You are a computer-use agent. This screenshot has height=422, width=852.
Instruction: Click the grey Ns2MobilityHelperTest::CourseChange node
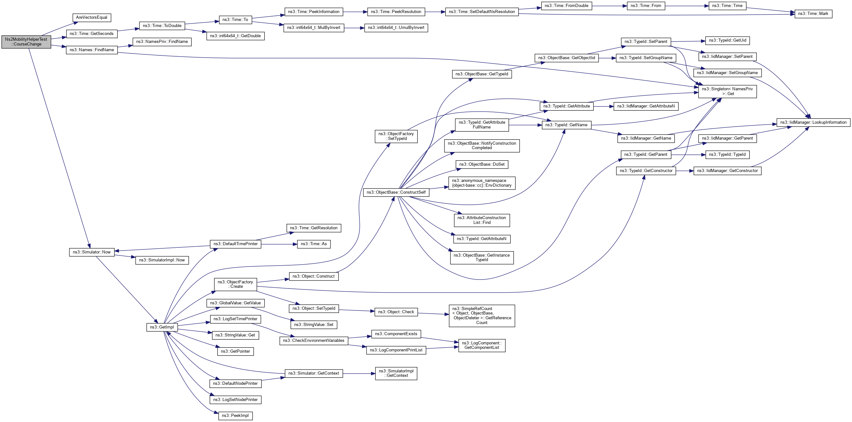click(26, 42)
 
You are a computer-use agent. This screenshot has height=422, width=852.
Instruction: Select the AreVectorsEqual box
click(92, 17)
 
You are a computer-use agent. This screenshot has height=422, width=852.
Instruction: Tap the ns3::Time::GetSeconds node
click(92, 34)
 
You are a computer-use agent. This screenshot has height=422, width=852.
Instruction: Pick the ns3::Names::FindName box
click(92, 50)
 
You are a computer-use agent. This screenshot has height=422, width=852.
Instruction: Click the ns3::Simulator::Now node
click(92, 252)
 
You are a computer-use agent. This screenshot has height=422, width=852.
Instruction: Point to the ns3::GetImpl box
click(162, 327)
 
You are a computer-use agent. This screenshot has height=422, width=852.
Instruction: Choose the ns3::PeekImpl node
click(235, 416)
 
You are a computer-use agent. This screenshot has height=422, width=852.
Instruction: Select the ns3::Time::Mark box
click(813, 14)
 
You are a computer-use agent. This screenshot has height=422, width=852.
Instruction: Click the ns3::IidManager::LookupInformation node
click(813, 122)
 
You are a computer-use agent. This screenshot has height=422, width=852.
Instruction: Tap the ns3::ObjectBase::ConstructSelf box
click(396, 192)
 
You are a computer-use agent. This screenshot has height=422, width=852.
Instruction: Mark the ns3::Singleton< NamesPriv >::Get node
click(727, 91)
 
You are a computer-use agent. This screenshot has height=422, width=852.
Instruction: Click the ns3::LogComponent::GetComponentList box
click(482, 345)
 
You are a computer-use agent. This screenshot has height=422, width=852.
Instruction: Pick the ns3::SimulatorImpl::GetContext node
click(396, 373)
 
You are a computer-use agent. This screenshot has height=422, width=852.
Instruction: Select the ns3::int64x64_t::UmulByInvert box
click(396, 28)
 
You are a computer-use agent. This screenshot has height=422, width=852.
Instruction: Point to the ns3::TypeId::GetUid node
click(727, 41)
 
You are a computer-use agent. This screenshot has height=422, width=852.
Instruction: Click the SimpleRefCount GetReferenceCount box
click(482, 316)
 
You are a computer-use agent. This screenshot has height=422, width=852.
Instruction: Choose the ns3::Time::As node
click(314, 244)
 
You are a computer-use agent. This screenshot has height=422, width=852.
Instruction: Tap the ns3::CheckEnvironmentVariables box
click(314, 341)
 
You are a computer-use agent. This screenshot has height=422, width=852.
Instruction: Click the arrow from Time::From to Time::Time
click(687, 6)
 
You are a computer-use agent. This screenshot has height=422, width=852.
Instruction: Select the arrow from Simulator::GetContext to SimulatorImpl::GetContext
click(359, 373)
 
